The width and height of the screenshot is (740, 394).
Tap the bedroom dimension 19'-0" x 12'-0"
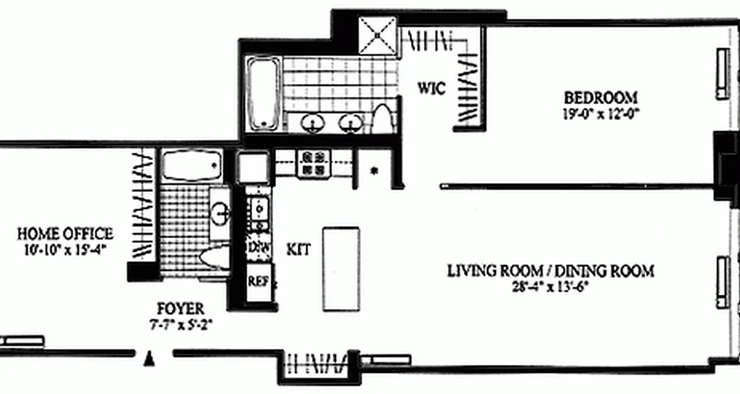point(600,114)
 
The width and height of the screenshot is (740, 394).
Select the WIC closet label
point(432,89)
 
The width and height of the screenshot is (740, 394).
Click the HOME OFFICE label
point(65,233)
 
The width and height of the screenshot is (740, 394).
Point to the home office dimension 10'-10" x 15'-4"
point(65,249)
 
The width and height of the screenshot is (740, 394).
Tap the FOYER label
point(180,309)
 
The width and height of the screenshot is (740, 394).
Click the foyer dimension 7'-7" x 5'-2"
point(180,325)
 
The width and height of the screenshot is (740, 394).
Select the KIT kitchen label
point(299,250)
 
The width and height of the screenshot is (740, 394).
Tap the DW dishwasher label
point(258,246)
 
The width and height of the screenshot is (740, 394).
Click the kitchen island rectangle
point(341,269)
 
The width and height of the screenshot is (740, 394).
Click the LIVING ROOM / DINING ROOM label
point(551,271)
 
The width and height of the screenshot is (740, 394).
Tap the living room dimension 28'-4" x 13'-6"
point(551,286)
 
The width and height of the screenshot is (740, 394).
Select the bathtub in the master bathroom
point(264,94)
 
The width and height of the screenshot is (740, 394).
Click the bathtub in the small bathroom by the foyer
point(191,165)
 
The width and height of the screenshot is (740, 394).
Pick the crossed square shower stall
point(377,35)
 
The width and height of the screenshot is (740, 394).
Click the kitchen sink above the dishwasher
point(258,210)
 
